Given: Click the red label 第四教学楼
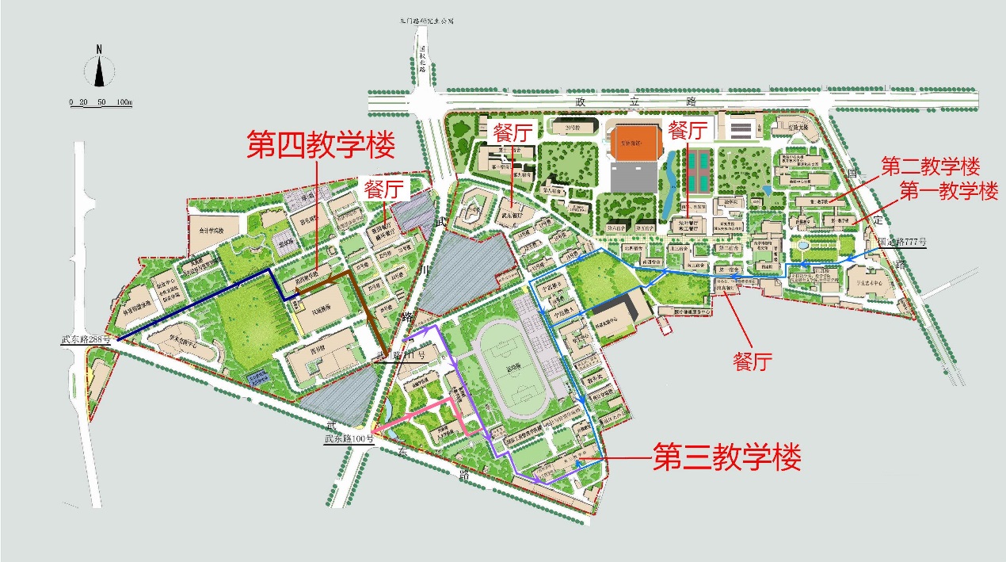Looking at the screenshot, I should [x=321, y=146].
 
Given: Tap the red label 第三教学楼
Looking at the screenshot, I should [x=726, y=458].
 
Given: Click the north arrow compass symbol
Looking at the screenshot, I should [x=99, y=68].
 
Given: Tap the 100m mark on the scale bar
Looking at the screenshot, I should [x=124, y=102].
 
